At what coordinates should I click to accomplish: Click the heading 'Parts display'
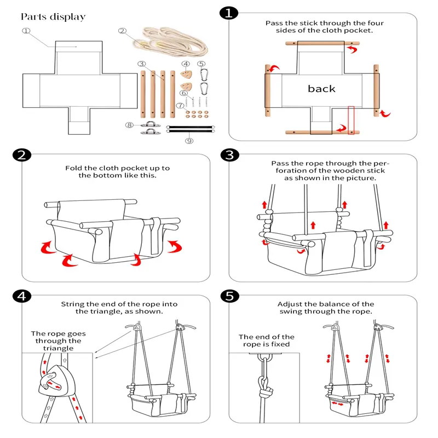tap(54, 16)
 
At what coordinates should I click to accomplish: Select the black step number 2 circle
tap(20, 155)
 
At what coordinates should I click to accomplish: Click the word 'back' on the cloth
tap(321, 89)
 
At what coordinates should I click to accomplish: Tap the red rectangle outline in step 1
tap(351, 119)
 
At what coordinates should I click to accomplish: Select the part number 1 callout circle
tap(25, 31)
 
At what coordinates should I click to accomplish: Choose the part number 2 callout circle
tap(123, 31)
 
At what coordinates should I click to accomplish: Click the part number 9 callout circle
tap(189, 141)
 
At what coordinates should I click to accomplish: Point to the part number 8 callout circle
tap(129, 125)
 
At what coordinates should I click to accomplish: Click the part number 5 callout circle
tap(201, 64)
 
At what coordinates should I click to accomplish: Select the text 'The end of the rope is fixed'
tap(266, 341)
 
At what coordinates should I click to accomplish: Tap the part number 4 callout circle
tap(186, 64)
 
